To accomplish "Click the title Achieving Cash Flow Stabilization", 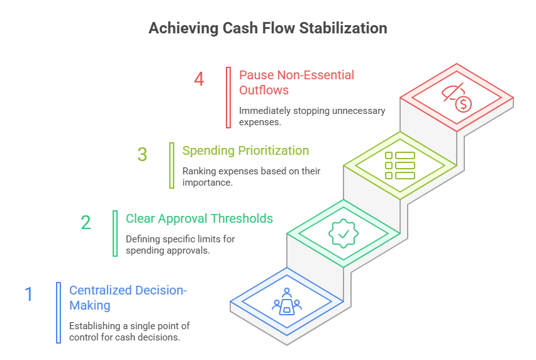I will click(x=267, y=28).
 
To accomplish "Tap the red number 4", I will click(x=199, y=80).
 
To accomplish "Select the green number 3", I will click(x=143, y=155).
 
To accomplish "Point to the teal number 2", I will click(x=86, y=223).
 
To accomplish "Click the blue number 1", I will click(x=28, y=295).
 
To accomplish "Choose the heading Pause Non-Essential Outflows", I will click(x=296, y=82).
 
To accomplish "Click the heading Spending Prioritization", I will click(x=245, y=151).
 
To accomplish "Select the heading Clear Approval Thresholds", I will click(x=199, y=219).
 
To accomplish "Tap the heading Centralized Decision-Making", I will click(x=128, y=298).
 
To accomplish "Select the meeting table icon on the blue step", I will click(x=287, y=302).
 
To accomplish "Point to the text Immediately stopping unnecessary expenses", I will click(x=311, y=116).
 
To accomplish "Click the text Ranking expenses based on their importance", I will click(x=251, y=176).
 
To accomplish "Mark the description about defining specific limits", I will click(x=189, y=245).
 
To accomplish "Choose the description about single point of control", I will click(x=129, y=331).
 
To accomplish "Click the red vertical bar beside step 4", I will click(x=228, y=98).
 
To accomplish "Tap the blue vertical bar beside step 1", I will click(x=59, y=312).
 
